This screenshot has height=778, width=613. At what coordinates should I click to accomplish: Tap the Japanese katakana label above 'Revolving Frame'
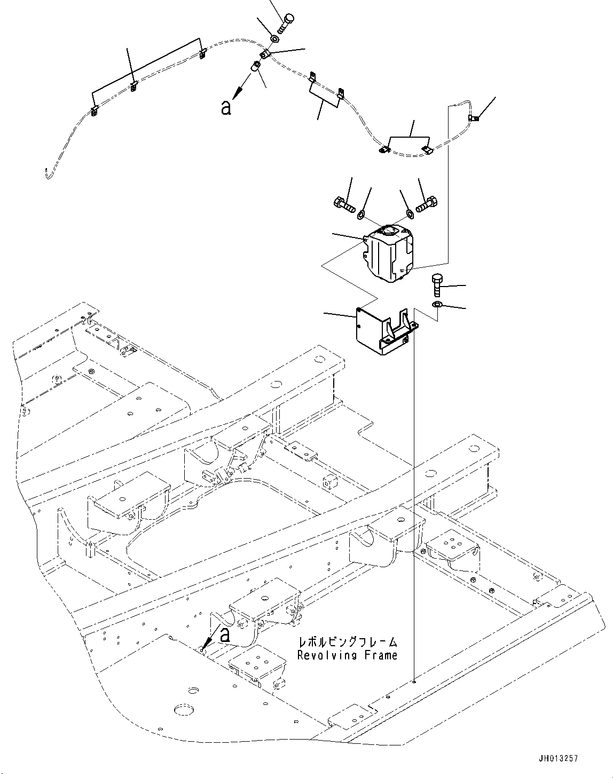coord(348,642)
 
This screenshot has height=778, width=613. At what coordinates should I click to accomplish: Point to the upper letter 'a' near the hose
coord(226,108)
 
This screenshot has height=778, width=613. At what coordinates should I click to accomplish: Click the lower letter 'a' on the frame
coord(225,634)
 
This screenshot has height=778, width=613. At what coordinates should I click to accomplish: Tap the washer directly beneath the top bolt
coord(275,38)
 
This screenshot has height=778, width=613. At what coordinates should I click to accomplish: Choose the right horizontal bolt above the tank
coord(428,204)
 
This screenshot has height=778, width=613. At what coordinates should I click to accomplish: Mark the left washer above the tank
coord(361,215)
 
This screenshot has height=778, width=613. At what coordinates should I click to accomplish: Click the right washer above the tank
coord(410,214)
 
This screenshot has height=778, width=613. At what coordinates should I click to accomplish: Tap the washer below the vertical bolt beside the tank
coord(437,305)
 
